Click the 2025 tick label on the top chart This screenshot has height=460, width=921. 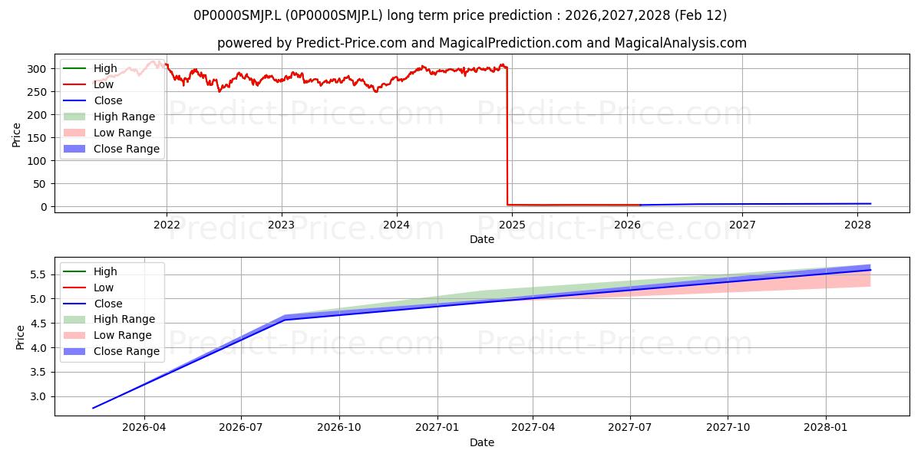pyautogui.click(x=512, y=225)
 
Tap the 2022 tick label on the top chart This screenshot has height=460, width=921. pyautogui.click(x=167, y=225)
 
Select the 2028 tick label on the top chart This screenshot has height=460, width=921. pyautogui.click(x=857, y=225)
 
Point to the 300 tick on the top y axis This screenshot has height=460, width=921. pyautogui.click(x=37, y=69)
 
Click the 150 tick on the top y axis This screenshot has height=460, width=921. pyautogui.click(x=37, y=138)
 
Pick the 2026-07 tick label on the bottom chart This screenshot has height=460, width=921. pyautogui.click(x=240, y=428)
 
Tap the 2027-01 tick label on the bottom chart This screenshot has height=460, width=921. pyautogui.click(x=437, y=428)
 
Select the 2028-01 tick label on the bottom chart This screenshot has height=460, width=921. pyautogui.click(x=826, y=428)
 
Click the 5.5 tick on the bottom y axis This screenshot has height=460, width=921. pyautogui.click(x=38, y=274)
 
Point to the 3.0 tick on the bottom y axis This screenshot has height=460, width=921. pyautogui.click(x=38, y=397)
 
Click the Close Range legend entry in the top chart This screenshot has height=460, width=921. pyautogui.click(x=111, y=149)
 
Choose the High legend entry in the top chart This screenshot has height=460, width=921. pyautogui.click(x=90, y=68)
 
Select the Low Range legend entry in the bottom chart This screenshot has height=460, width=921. pyautogui.click(x=107, y=335)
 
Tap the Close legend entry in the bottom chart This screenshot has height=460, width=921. pyautogui.click(x=93, y=304)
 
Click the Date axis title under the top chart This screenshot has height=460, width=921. pyautogui.click(x=482, y=239)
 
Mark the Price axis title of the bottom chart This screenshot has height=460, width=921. pyautogui.click(x=20, y=337)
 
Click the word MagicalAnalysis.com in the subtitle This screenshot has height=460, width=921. pyautogui.click(x=681, y=43)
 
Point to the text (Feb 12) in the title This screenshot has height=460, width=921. pyautogui.click(x=701, y=15)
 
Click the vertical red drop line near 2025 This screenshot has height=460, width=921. pyautogui.click(x=507, y=136)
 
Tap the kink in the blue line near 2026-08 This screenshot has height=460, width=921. pyautogui.click(x=284, y=319)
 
